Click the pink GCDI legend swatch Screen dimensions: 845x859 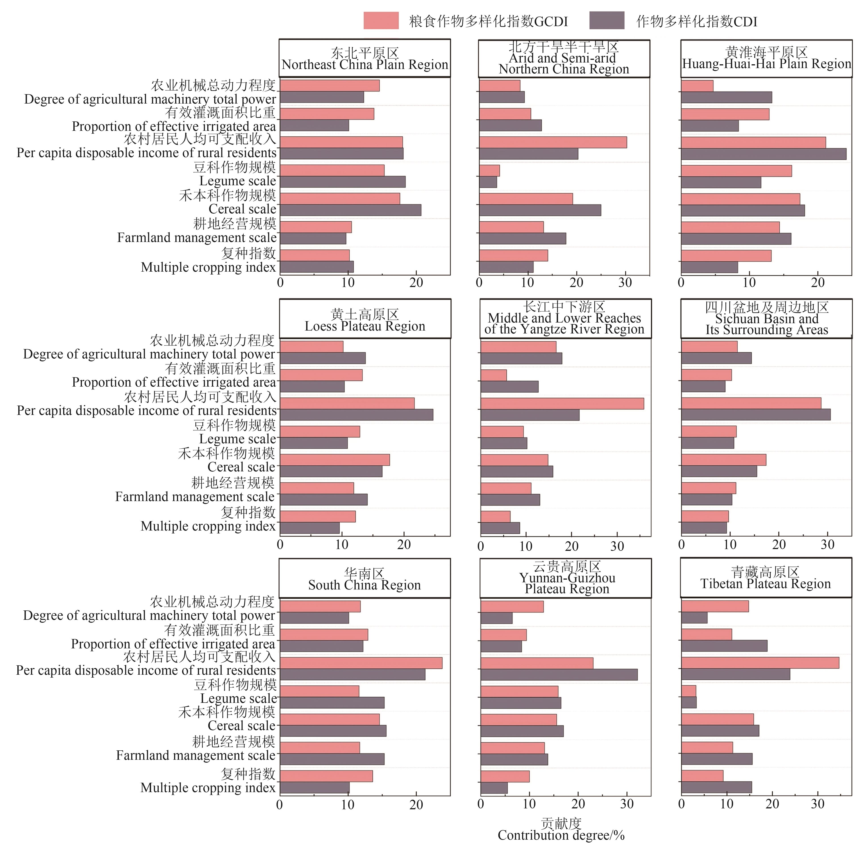381,20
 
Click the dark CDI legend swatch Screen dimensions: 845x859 606,20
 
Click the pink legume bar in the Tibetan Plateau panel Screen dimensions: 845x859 689,691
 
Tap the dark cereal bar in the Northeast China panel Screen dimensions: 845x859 351,210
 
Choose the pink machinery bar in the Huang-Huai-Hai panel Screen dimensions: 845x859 697,86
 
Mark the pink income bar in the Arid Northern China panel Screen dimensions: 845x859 553,142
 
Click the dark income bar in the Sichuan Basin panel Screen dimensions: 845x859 756,414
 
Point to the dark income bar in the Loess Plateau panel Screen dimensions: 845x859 356,414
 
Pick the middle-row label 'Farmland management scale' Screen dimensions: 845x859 195,497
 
